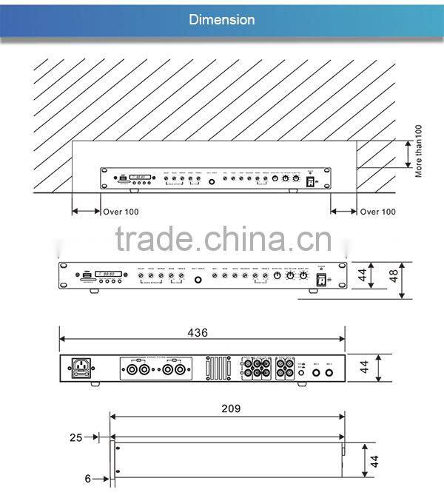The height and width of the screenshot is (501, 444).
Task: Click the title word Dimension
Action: [222, 19]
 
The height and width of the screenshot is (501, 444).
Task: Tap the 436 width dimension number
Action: [198, 333]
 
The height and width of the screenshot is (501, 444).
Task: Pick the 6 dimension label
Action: [87, 479]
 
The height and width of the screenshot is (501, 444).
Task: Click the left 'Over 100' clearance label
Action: [121, 212]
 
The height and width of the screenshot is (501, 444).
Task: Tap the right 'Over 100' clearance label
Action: [377, 212]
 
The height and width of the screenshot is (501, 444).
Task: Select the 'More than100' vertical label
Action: [419, 150]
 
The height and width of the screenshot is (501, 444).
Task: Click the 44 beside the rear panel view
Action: [363, 367]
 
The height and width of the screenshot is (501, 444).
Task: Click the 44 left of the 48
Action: [363, 277]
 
